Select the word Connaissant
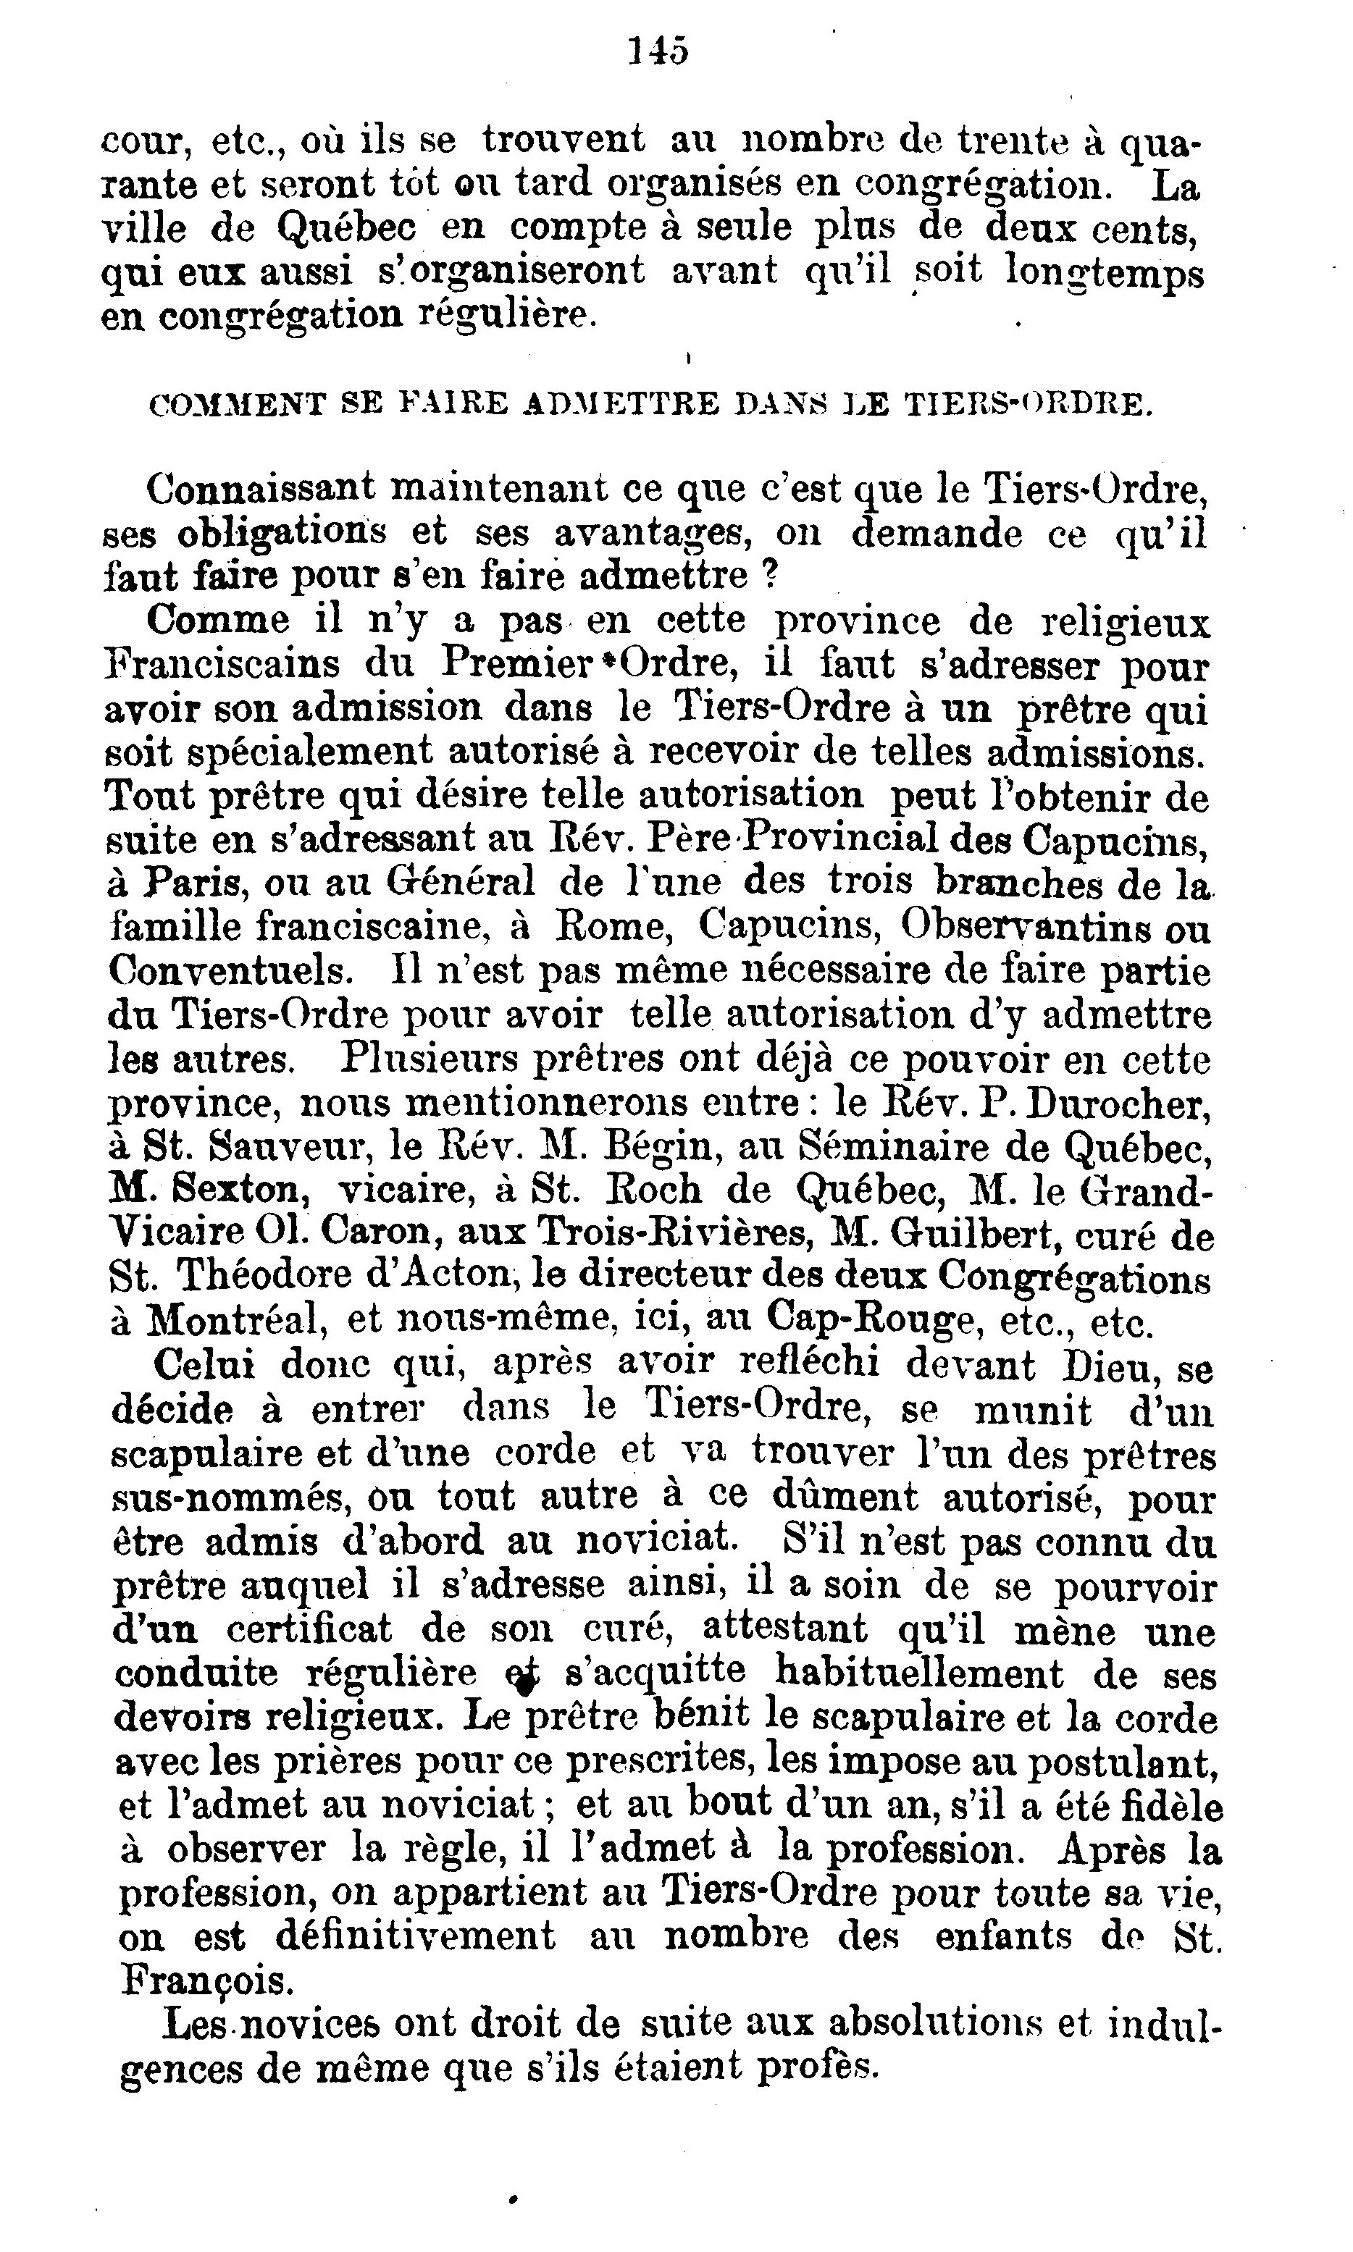[261, 490]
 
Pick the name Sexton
[227, 1191]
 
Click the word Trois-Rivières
[674, 1236]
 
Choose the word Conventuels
[229, 972]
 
